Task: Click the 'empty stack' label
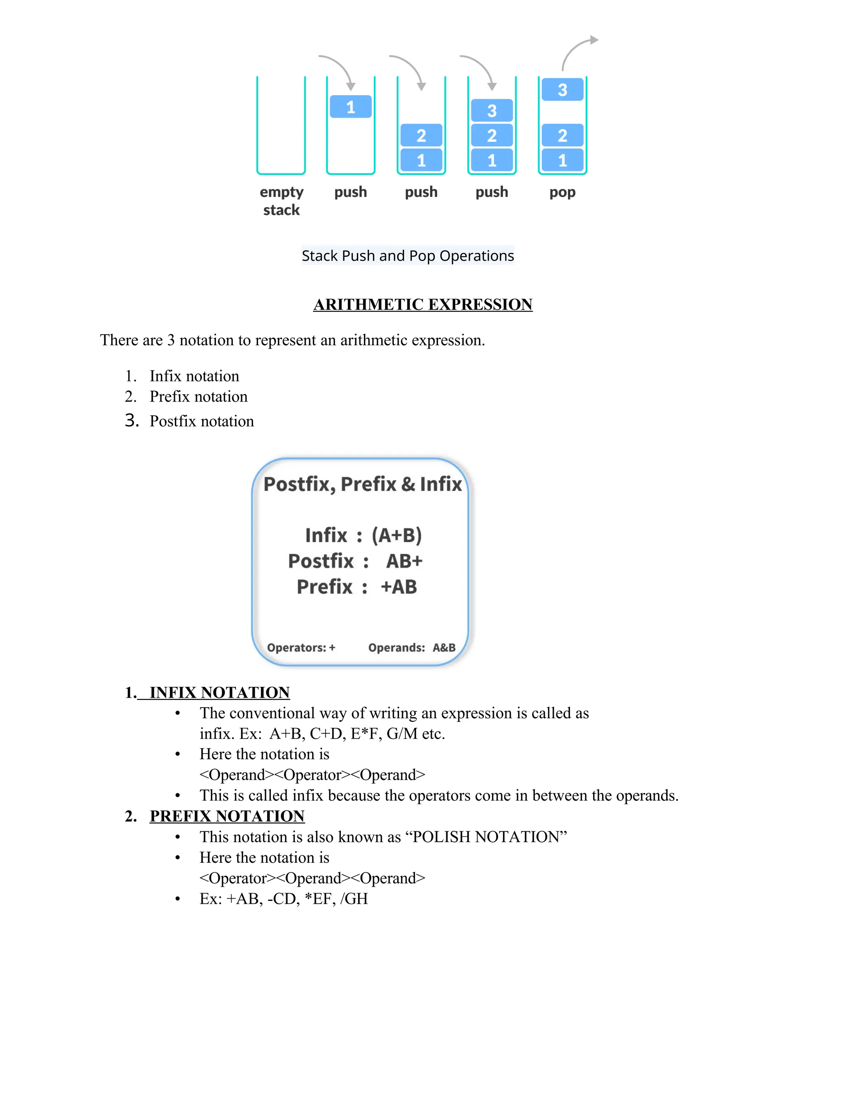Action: pos(282,201)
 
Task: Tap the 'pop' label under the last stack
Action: pos(562,192)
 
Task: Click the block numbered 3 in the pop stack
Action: pos(562,90)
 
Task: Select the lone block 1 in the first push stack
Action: pos(351,107)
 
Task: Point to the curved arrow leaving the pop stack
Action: pos(577,50)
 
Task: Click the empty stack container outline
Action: pos(281,125)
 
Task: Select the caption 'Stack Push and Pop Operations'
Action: pos(407,256)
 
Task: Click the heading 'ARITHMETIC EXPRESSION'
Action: pos(423,305)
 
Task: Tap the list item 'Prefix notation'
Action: pos(198,397)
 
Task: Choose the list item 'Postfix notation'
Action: pos(201,421)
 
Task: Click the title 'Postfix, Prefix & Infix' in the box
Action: pos(362,484)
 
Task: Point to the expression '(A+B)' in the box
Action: pos(396,536)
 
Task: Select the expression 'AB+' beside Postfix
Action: pos(404,561)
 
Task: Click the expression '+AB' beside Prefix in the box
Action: pos(399,586)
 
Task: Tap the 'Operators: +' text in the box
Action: pos(301,648)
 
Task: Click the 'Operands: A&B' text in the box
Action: pos(412,648)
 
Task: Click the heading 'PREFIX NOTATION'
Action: pos(227,816)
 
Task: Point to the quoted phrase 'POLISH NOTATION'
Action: pos(489,837)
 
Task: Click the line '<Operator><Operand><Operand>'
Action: pos(312,878)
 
